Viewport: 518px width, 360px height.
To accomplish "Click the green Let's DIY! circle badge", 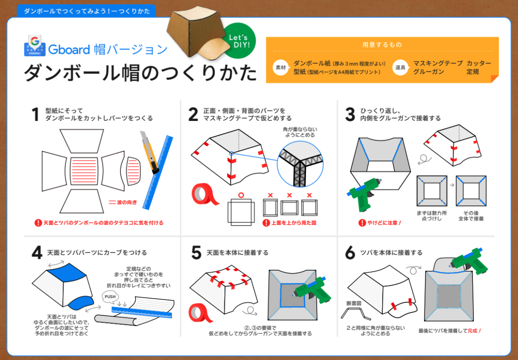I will coord(239,39).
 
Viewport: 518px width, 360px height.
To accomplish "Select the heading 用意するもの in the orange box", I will coord(382,45).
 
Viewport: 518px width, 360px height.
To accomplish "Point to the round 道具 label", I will coord(400,68).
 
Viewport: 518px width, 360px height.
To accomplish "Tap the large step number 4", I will coord(36,253).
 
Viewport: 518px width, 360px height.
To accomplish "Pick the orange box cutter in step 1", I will coord(150,151).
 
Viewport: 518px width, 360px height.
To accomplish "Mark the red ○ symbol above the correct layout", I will coord(241,195).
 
